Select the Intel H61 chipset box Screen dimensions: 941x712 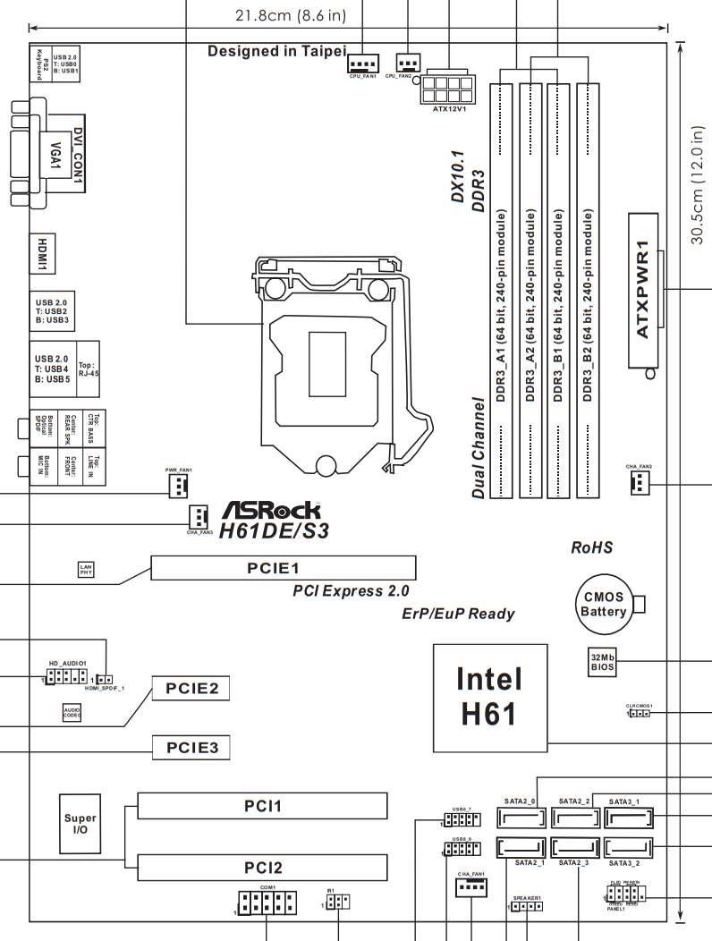tap(489, 695)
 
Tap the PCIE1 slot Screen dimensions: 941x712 tap(284, 568)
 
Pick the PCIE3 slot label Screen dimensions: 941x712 tap(191, 747)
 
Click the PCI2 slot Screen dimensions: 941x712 tap(263, 867)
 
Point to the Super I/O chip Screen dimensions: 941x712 tap(81, 824)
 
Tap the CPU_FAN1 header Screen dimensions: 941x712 tap(362, 64)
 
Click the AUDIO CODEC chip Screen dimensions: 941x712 tap(72, 712)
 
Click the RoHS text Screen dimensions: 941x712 tap(592, 547)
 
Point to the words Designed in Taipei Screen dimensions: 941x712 tap(275, 51)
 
